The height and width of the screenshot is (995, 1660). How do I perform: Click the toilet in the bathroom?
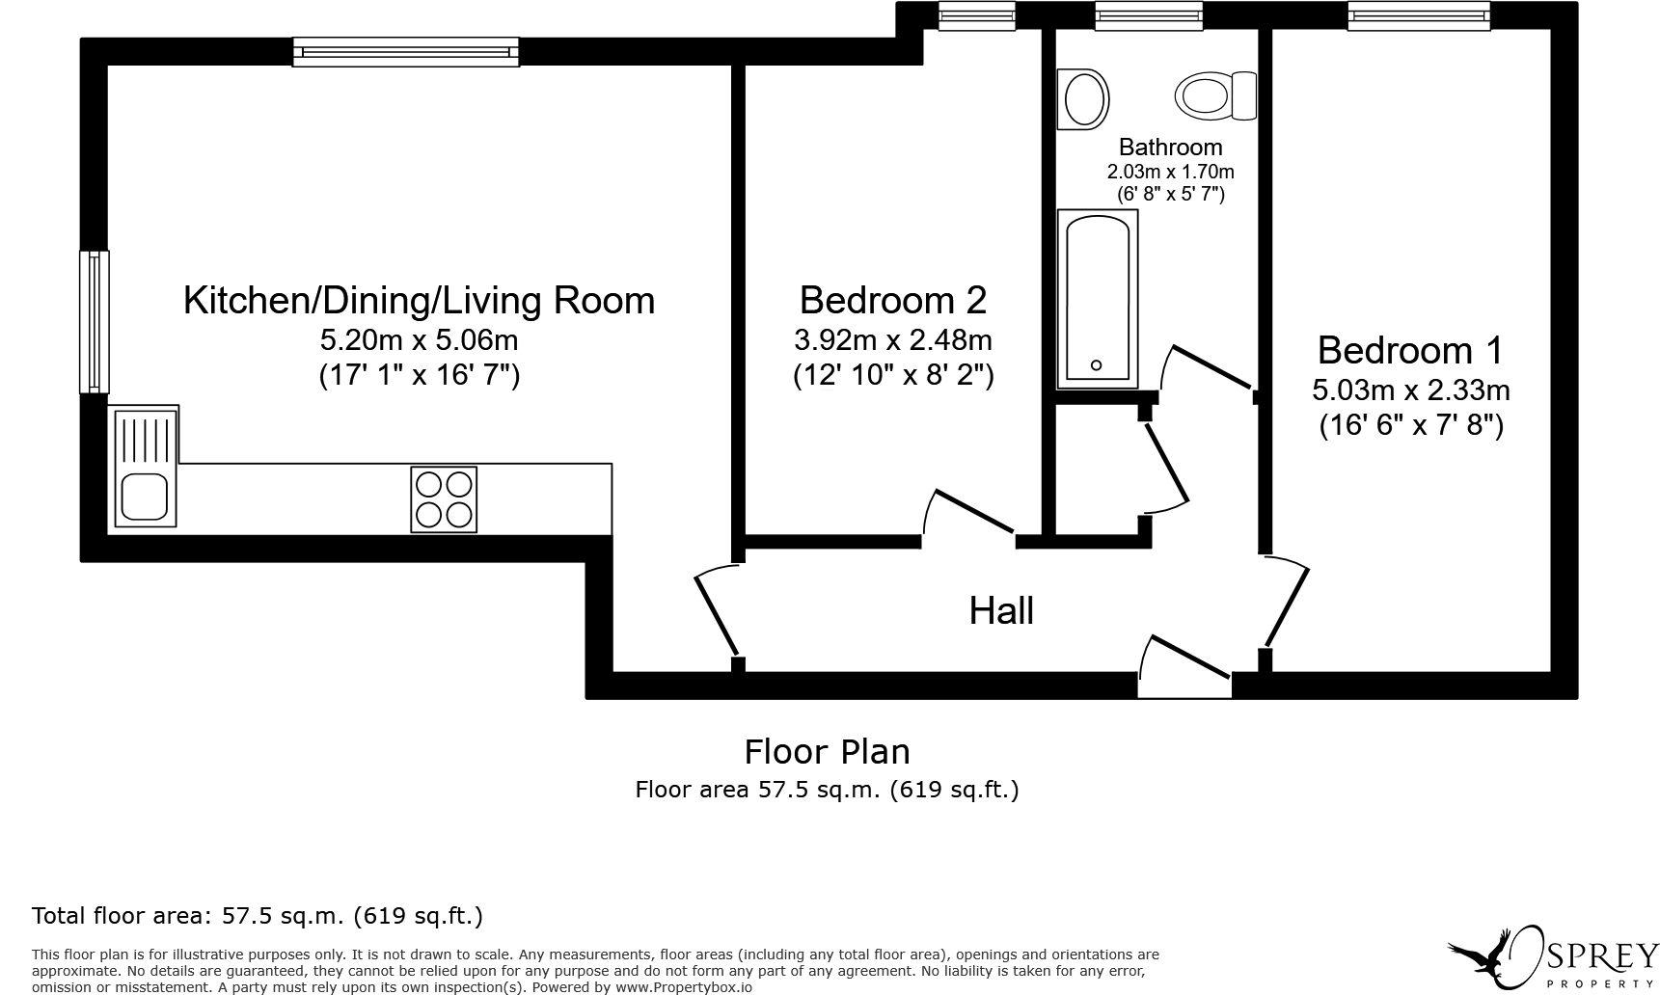pos(1215,96)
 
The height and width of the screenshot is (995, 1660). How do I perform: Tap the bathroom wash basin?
pos(1083,98)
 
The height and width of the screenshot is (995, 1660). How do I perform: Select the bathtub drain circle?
pos(1096,365)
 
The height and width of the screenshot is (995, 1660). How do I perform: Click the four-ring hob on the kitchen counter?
pos(444,499)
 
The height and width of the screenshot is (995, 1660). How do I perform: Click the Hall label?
pos(1001,611)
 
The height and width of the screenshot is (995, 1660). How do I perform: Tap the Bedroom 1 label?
pos(1410,350)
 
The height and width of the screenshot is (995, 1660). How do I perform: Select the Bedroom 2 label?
pos(893,300)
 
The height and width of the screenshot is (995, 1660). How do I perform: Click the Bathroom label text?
pos(1170,148)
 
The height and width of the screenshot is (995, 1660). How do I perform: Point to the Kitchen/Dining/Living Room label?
pos(420,301)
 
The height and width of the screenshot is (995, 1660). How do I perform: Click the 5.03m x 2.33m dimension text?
pos(1411,390)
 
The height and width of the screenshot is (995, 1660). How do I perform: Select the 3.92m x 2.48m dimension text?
pos(893,340)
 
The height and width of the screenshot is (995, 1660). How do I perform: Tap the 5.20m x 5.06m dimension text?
pos(420,340)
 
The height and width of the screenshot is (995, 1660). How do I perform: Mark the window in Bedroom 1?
pos(1419,15)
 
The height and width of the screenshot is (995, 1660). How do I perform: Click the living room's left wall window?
pos(94,322)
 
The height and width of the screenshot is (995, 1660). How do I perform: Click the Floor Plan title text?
pos(827,752)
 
